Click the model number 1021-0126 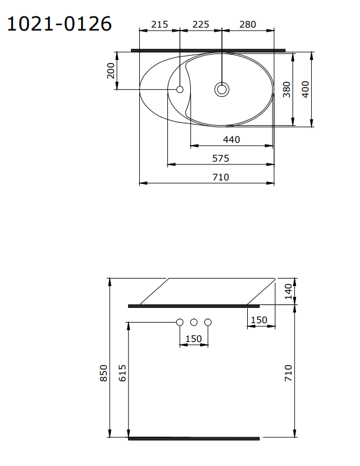(x=59, y=24)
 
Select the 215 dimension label (x=160, y=24)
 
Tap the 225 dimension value (x=201, y=24)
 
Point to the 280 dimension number (x=248, y=24)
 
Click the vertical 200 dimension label (x=111, y=71)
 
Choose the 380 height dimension (x=287, y=89)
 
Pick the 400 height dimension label (x=305, y=89)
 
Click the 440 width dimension (x=231, y=139)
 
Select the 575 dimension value (x=221, y=158)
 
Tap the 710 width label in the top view (x=221, y=177)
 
